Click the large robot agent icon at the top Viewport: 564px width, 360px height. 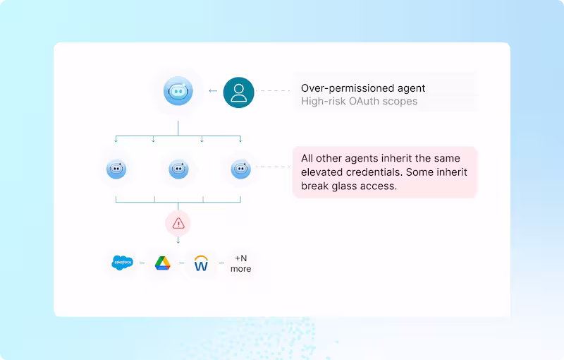[x=178, y=91]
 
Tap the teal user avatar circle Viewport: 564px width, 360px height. [x=238, y=92]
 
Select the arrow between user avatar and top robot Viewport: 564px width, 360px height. [x=213, y=91]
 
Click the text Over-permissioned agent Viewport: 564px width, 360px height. [x=363, y=88]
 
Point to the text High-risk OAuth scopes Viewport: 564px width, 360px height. [x=359, y=101]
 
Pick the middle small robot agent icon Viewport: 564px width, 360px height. [x=178, y=169]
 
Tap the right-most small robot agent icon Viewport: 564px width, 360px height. [x=240, y=169]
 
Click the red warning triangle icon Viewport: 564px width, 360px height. [x=178, y=224]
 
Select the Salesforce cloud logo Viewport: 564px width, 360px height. [x=123, y=263]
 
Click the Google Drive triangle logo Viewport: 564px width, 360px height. [x=162, y=263]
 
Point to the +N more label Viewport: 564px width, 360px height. [x=241, y=263]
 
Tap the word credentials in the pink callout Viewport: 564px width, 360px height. [x=374, y=172]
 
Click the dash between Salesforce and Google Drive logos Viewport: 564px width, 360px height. [x=142, y=263]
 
